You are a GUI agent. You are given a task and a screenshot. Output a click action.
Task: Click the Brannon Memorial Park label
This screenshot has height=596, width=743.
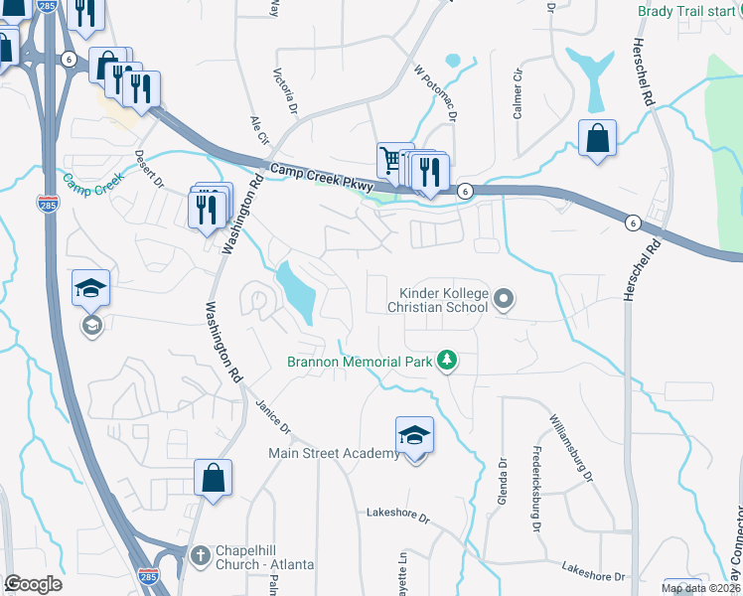pos(359,362)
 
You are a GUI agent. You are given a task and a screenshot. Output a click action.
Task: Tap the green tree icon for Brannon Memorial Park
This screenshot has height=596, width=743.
pos(447,361)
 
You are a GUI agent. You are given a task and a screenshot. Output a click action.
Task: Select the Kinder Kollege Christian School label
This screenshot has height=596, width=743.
pos(444,299)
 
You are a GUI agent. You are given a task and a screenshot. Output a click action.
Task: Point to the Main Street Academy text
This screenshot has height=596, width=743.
pos(334,453)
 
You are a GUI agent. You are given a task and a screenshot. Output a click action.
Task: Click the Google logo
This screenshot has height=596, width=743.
pos(33,584)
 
